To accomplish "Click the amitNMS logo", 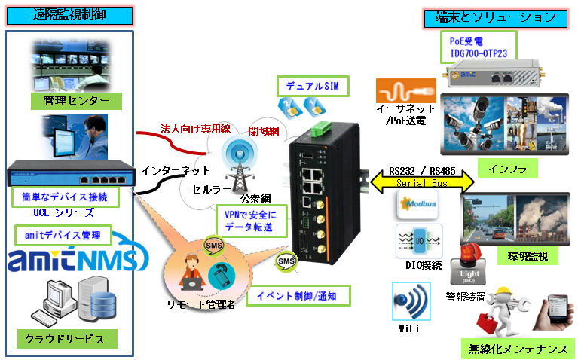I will coord(73,260).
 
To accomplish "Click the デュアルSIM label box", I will coord(310,87).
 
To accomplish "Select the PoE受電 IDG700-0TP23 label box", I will coord(479,47).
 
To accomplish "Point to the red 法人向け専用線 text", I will coord(195,130).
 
